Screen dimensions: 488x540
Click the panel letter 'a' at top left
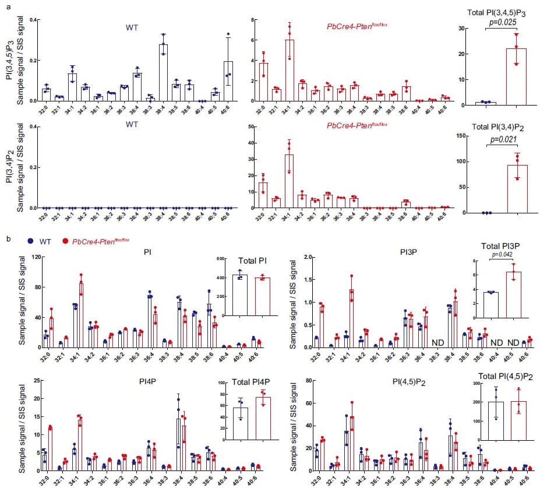7,4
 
